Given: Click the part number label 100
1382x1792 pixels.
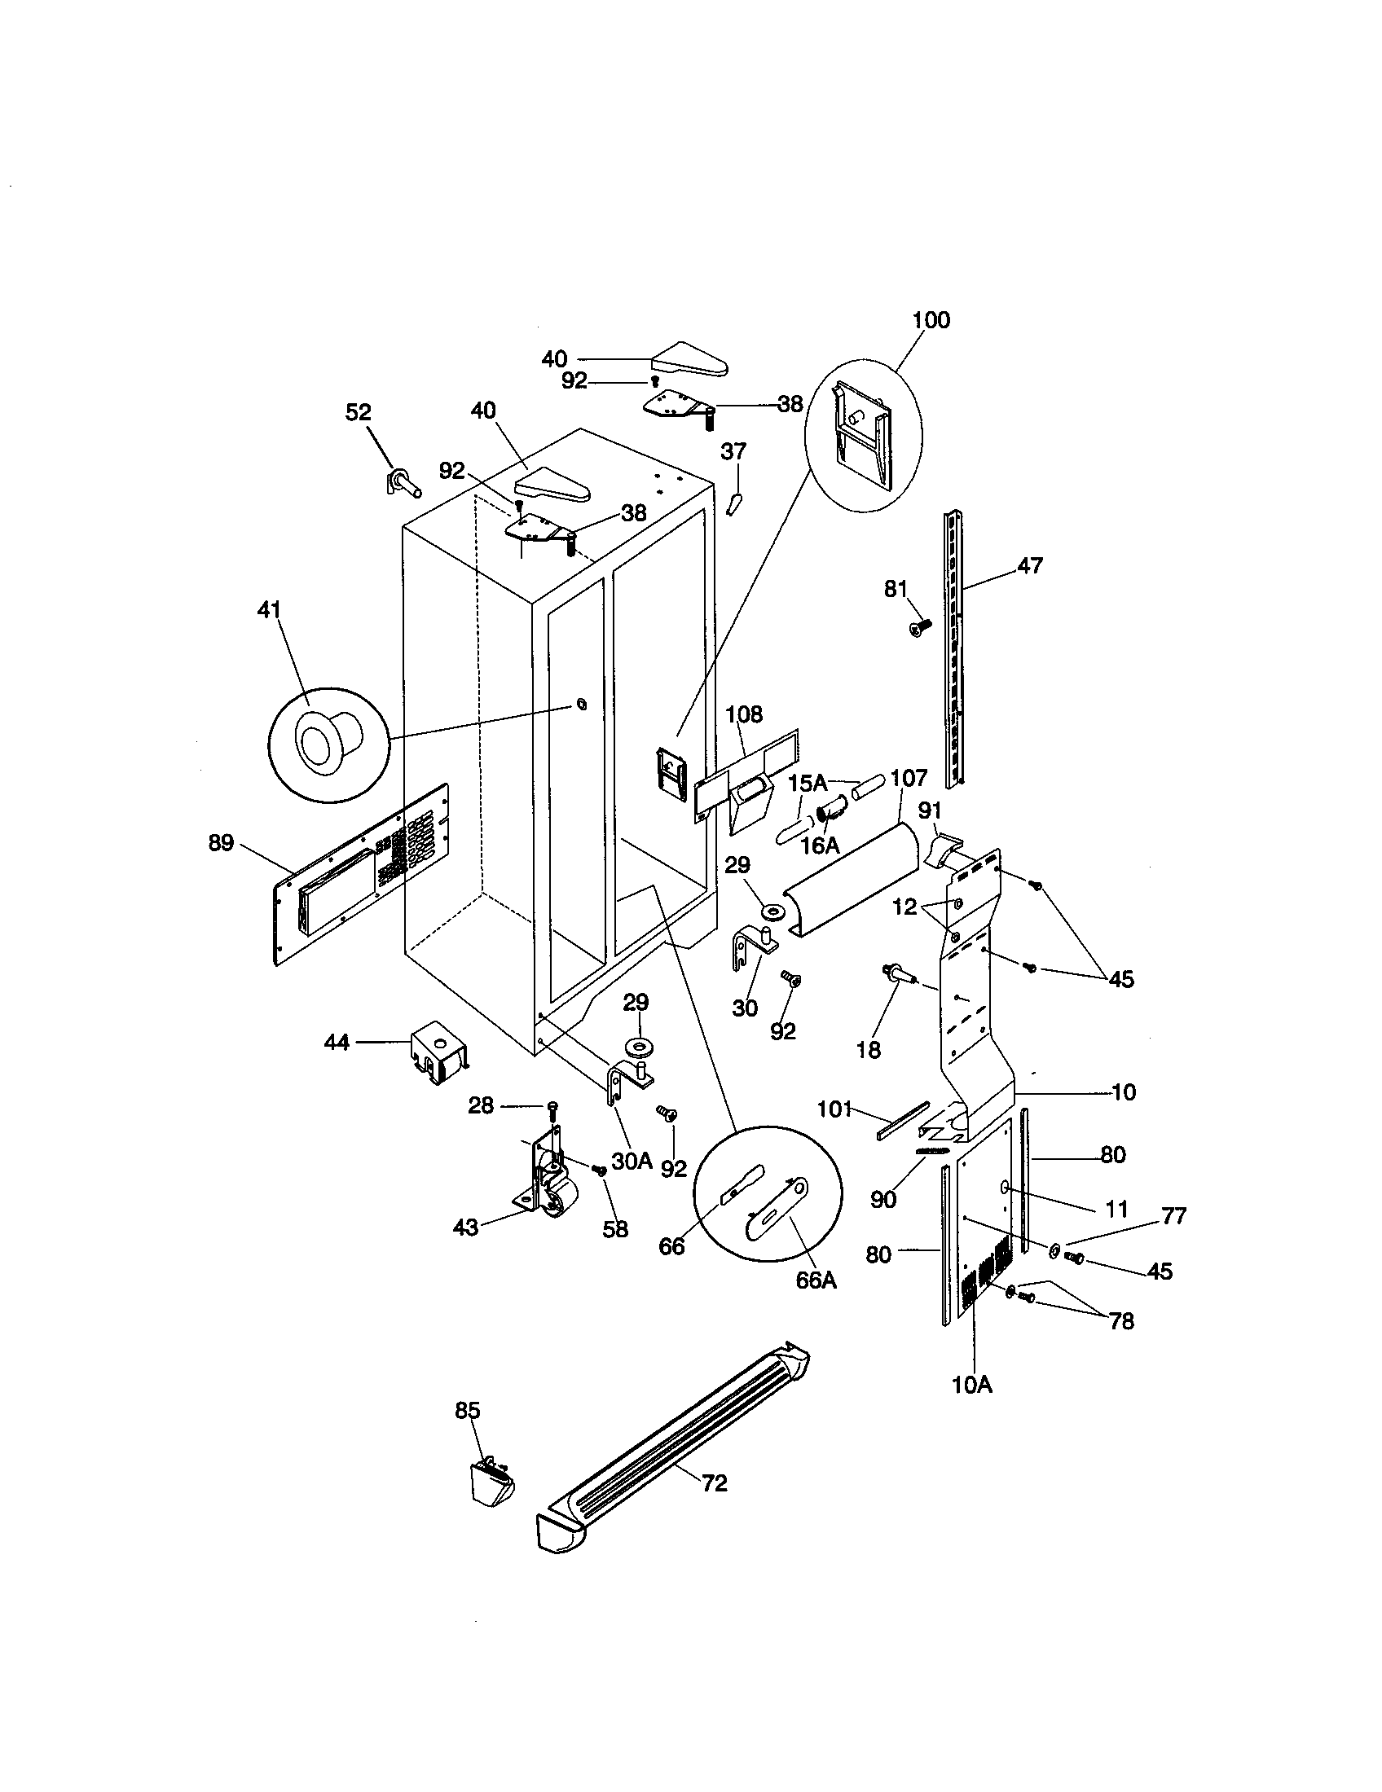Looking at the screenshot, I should [931, 319].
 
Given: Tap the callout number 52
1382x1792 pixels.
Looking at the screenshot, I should [358, 412].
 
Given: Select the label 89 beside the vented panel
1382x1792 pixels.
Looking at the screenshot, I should [221, 843].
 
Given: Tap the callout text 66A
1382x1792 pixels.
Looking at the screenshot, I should [816, 1280].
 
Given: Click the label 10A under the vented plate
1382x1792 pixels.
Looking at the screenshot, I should [971, 1385].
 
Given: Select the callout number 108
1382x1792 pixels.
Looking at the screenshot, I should [743, 714].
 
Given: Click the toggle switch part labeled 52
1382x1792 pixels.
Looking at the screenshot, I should [402, 481].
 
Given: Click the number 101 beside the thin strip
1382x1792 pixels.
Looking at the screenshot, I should [835, 1109].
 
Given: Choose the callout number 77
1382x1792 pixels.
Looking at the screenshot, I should [1174, 1216].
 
